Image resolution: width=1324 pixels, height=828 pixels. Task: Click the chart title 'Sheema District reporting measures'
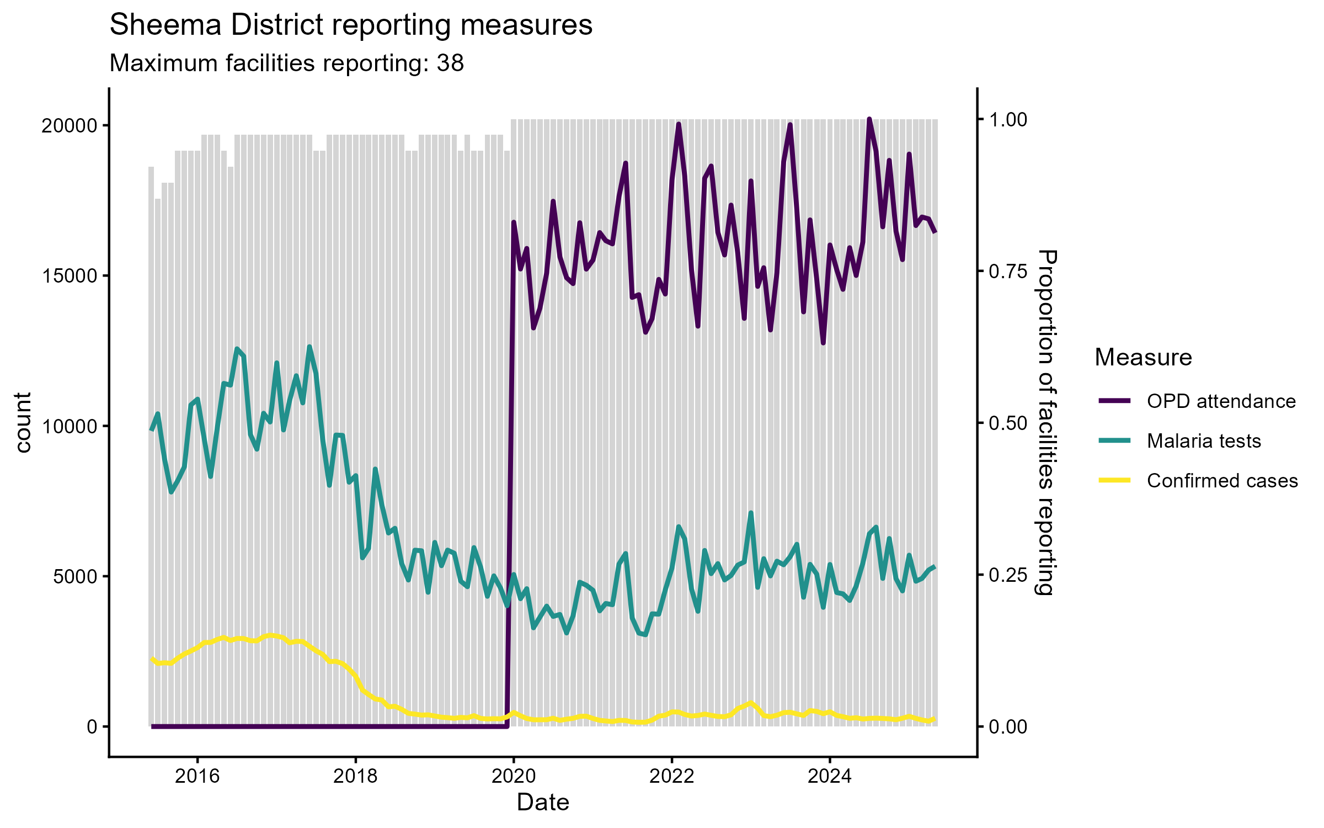click(351, 25)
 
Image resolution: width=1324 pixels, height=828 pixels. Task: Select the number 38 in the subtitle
click(450, 63)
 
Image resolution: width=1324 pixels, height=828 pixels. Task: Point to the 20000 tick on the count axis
click(69, 125)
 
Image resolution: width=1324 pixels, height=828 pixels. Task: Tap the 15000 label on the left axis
click(69, 275)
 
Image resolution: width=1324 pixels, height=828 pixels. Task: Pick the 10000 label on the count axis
click(69, 426)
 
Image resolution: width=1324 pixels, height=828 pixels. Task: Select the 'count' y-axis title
click(23, 423)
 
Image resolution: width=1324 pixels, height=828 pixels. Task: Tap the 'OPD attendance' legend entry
click(1221, 401)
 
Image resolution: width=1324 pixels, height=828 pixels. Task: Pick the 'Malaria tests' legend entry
click(1204, 441)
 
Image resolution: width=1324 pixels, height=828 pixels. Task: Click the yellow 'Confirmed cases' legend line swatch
click(1114, 480)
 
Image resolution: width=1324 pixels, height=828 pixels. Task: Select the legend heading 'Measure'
click(1143, 358)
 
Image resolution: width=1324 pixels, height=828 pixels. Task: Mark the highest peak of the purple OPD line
click(869, 119)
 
